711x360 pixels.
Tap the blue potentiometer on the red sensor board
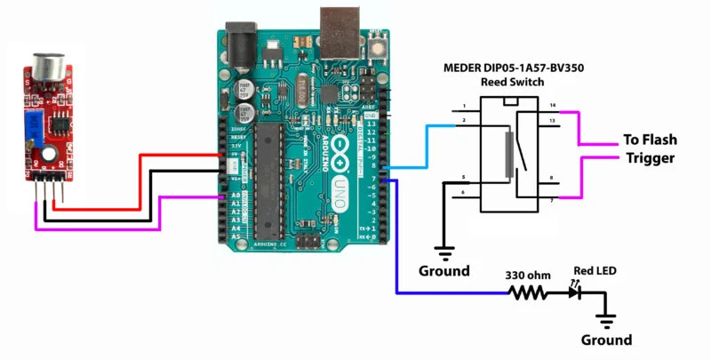click(x=36, y=124)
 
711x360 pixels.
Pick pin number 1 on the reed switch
click(x=464, y=107)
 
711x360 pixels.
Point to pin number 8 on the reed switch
click(x=552, y=179)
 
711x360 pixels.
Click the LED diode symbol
click(x=577, y=292)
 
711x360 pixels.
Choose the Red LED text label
click(x=595, y=270)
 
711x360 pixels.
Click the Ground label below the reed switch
click(x=443, y=270)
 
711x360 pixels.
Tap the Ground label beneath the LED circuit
click(x=606, y=340)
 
